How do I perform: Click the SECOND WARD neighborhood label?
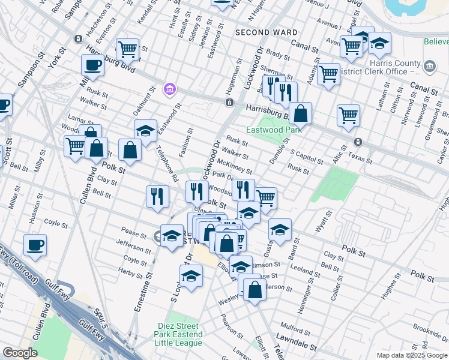pos(267,32)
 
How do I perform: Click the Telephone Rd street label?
pos(167,163)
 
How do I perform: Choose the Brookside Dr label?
pos(429,332)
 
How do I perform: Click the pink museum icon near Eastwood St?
pos(170,90)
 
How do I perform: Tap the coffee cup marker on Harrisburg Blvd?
pos(92,65)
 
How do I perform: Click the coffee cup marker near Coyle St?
pos(35,245)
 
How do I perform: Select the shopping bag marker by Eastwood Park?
pos(301,113)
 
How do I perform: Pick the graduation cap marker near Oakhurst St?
pos(145,130)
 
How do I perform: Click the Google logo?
pos(20,353)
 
